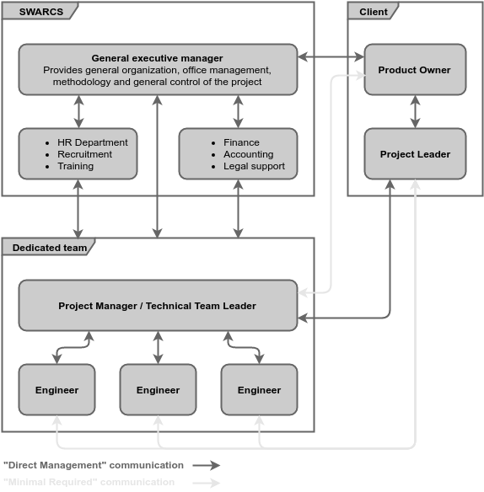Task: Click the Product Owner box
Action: [415, 70]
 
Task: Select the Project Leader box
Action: [415, 154]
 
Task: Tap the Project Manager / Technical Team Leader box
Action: [158, 306]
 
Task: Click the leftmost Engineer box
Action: [56, 390]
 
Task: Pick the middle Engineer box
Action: [158, 390]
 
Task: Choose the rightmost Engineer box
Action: [259, 390]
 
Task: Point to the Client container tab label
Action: [374, 11]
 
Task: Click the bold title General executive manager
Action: [158, 58]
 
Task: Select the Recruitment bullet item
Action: [84, 154]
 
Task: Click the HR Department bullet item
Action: [92, 142]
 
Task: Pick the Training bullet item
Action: [75, 166]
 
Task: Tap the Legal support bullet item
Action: [254, 166]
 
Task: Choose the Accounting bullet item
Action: [248, 154]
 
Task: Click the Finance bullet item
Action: [241, 142]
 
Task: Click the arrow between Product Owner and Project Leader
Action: [415, 111]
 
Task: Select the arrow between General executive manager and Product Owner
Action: [331, 57]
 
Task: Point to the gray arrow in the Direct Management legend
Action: [206, 465]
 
